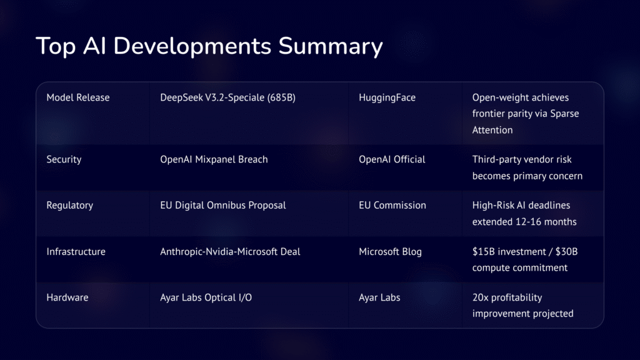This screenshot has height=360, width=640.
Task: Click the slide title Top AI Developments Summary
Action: [x=209, y=47]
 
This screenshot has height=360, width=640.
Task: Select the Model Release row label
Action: [x=77, y=97]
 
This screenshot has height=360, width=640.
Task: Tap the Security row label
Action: [x=64, y=159]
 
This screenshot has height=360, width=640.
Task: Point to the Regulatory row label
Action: [x=70, y=205]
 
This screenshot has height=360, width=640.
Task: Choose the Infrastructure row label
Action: [x=76, y=251]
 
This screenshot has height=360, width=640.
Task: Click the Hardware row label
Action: [x=67, y=297]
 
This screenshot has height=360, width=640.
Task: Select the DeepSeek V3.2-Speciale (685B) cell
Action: [x=227, y=97]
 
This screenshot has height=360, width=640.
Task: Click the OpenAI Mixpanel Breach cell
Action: [x=214, y=159]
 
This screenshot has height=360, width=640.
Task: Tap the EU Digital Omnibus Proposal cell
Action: [x=222, y=205]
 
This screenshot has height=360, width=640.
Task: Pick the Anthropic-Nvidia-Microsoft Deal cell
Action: [x=230, y=251]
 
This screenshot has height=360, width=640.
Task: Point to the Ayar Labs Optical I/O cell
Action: [x=206, y=297]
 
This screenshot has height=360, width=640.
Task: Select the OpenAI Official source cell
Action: [x=392, y=159]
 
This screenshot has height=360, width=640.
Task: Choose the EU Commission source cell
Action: [x=392, y=205]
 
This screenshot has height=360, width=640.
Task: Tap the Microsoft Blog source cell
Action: [x=390, y=251]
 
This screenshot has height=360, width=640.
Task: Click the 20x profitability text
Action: [x=507, y=297]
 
